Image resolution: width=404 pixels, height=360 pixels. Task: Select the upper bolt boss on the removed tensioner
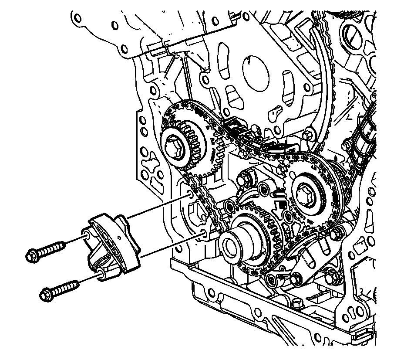coord(87,236)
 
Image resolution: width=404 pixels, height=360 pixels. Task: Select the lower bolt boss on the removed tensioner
coord(101,273)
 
